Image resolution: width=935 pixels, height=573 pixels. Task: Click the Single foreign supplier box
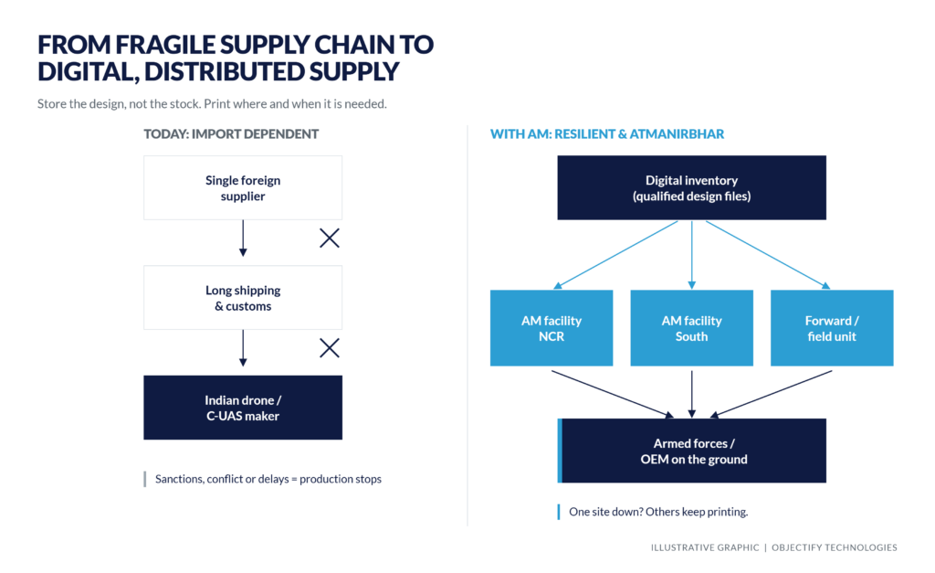243,188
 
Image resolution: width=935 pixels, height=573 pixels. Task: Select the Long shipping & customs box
243,298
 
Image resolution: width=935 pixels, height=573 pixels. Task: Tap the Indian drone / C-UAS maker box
243,408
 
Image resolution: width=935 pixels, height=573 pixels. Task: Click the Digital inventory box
692,188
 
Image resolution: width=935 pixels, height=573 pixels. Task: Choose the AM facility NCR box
552,328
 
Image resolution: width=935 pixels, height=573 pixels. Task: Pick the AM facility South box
692,328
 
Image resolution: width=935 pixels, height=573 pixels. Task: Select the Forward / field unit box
832,328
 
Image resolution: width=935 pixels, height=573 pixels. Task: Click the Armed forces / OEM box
692,451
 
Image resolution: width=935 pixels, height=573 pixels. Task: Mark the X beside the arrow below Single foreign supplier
329,239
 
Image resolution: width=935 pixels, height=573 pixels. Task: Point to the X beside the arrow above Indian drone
329,348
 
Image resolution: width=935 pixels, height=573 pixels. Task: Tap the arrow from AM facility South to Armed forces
692,394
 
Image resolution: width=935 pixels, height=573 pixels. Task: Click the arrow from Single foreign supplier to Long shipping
243,239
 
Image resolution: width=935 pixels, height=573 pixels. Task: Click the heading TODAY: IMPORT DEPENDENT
231,133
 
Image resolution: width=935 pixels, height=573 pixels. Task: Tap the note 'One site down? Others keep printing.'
658,512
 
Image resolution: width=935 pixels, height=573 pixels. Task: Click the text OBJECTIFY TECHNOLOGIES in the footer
835,547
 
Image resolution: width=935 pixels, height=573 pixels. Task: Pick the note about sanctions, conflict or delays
268,479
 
